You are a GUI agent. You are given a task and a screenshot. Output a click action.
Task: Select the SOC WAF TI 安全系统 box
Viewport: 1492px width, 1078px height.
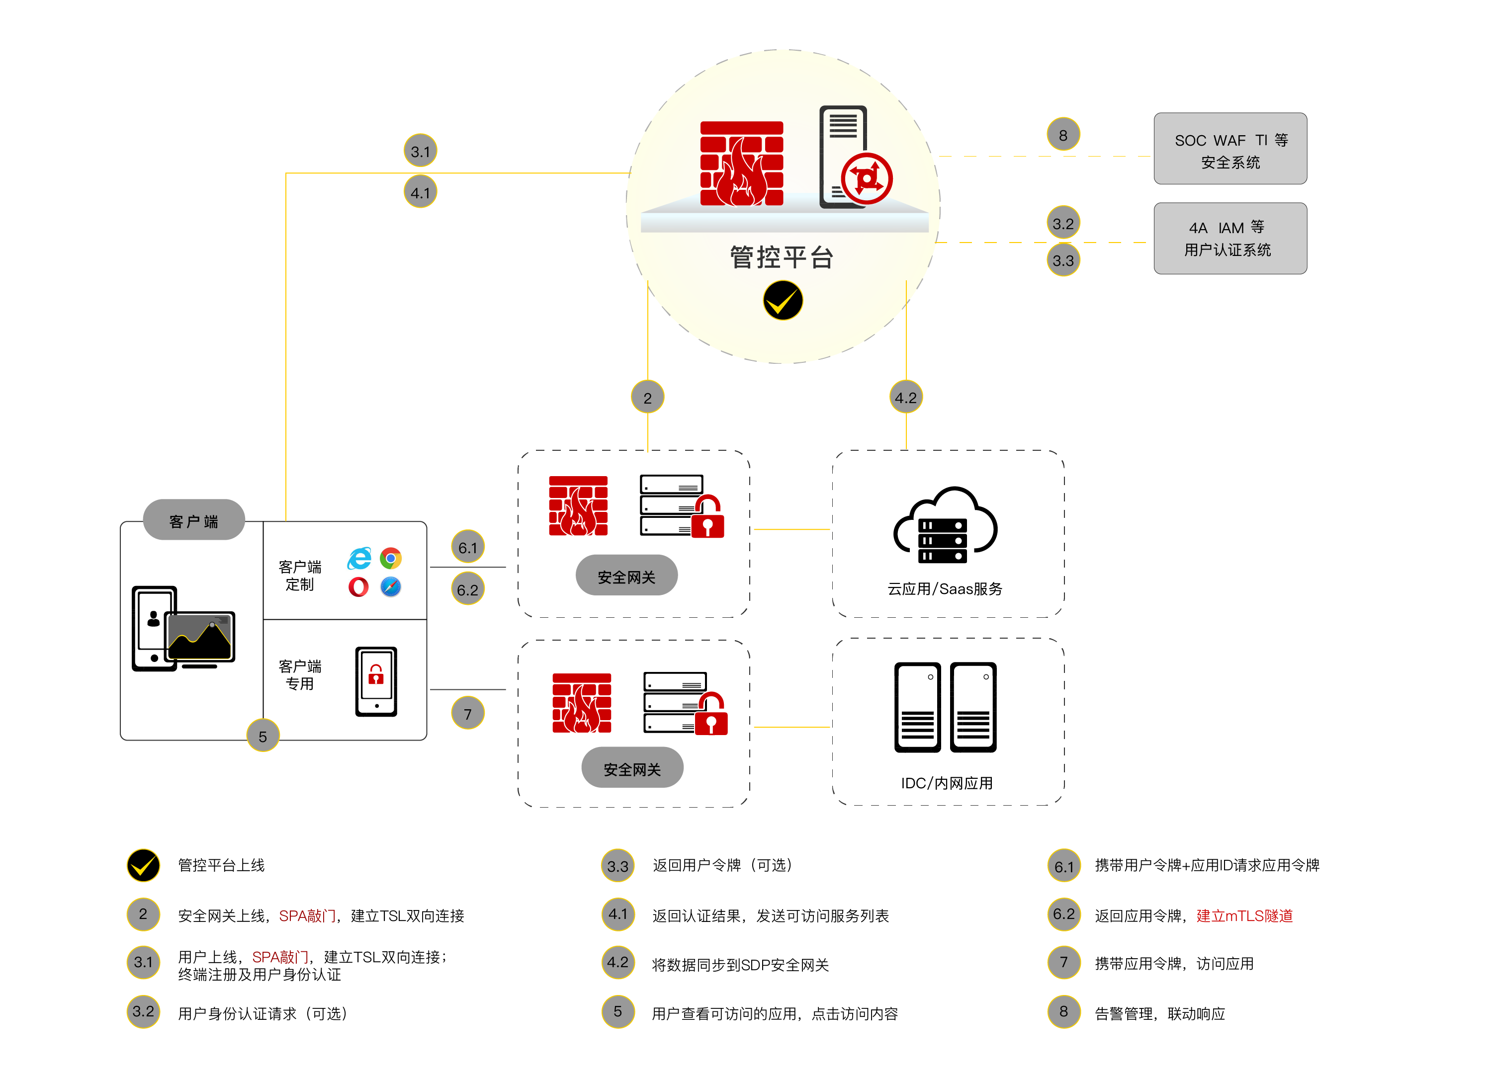pos(1230,149)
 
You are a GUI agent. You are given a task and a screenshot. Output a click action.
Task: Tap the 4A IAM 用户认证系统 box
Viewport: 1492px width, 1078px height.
pos(1230,238)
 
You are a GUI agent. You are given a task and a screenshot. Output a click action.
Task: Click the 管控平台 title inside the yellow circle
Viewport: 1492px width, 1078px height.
pos(782,257)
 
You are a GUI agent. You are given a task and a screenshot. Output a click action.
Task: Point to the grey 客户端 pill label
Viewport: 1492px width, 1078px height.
pos(193,520)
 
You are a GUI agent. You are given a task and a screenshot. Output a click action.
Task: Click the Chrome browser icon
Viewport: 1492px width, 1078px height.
pos(391,559)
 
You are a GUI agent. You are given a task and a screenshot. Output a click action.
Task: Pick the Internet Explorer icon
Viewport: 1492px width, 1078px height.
pos(359,559)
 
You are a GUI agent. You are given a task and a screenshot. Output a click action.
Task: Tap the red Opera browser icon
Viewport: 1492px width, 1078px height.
pos(358,586)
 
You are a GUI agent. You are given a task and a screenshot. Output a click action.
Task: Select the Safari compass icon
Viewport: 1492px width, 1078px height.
pos(391,586)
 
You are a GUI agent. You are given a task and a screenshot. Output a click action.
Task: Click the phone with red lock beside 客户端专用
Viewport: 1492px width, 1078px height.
pos(376,681)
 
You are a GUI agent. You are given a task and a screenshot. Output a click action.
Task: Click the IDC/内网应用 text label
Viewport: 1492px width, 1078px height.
pos(947,783)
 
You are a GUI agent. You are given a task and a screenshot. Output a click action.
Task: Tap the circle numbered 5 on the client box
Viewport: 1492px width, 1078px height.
pos(263,736)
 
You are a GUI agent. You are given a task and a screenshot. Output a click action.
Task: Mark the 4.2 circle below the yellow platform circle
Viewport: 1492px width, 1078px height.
pos(906,397)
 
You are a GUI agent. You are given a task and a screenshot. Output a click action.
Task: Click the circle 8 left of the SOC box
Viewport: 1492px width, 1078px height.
pos(1063,135)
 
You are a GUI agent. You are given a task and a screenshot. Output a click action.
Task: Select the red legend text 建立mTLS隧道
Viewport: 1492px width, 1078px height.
pos(1244,915)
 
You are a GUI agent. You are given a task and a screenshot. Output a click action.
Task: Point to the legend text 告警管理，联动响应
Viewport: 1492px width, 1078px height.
pos(1160,1013)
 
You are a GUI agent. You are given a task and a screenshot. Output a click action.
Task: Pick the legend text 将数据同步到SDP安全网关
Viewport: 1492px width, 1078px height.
pos(740,965)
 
